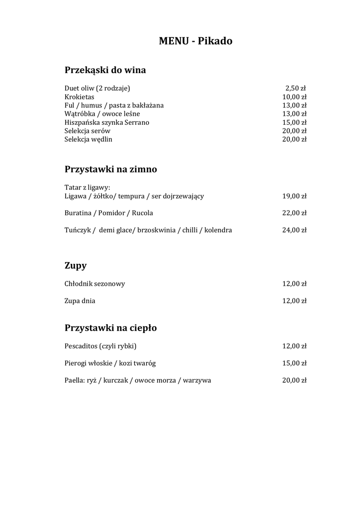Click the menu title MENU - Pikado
pyautogui.click(x=195, y=41)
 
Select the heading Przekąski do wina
pyautogui.click(x=105, y=70)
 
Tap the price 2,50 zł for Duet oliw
pyautogui.click(x=295, y=88)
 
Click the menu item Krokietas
pyautogui.click(x=79, y=97)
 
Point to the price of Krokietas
pyautogui.click(x=294, y=97)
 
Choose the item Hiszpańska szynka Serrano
pyautogui.click(x=106, y=122)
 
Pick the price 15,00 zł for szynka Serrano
pyautogui.click(x=294, y=122)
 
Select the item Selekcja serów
pyautogui.click(x=87, y=131)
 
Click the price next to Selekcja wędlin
pyautogui.click(x=294, y=139)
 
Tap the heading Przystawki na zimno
pyautogui.click(x=110, y=170)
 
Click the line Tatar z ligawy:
pyautogui.click(x=87, y=187)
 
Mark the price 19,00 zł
pyautogui.click(x=294, y=196)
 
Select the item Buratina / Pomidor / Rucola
pyautogui.click(x=108, y=213)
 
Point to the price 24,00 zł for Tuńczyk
pyautogui.click(x=294, y=230)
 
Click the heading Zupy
pyautogui.click(x=76, y=266)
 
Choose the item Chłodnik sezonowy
pyautogui.click(x=94, y=284)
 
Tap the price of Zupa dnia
pyautogui.click(x=294, y=301)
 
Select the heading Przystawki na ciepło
pyautogui.click(x=110, y=328)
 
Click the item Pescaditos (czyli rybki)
pyautogui.click(x=100, y=346)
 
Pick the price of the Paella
pyautogui.click(x=294, y=380)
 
